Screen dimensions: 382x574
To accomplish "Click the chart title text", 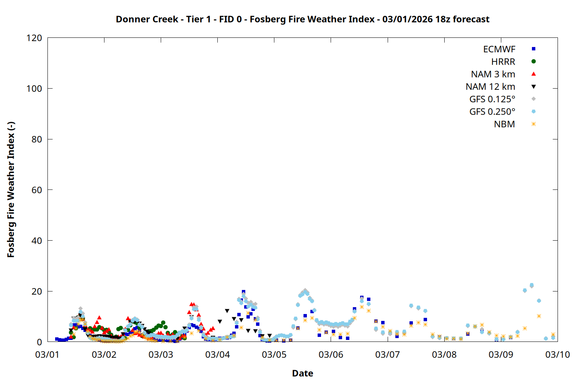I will tap(302, 19).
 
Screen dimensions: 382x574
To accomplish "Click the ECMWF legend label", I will tap(499, 49).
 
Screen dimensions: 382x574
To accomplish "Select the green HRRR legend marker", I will tap(533, 62).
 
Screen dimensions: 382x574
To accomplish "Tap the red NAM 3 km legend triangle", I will tap(533, 74).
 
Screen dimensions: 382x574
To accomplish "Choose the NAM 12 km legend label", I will tap(490, 87).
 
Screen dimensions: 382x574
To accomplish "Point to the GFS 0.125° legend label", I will tap(492, 99).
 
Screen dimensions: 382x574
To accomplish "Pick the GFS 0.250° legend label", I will tap(492, 112).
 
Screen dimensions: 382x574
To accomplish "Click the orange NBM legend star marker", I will tap(533, 124).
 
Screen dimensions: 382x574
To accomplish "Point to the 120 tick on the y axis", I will tap(34, 38).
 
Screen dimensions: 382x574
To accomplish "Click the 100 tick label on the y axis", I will tap(34, 89).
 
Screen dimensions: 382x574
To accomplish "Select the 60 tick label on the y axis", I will tap(37, 190).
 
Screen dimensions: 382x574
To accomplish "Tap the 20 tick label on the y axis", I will tap(37, 291).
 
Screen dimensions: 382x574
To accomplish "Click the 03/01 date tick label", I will tap(47, 354).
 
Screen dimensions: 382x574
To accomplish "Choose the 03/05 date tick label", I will tap(274, 354).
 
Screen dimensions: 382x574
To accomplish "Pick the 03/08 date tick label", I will tap(444, 354).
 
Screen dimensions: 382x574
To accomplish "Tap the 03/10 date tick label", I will tap(558, 354).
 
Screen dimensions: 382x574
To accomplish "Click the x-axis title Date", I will tap(302, 373).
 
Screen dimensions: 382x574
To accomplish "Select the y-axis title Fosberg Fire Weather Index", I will tap(11, 190).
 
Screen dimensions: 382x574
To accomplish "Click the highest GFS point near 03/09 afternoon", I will tap(532, 285).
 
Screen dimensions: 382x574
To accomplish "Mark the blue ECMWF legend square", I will tap(533, 49).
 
